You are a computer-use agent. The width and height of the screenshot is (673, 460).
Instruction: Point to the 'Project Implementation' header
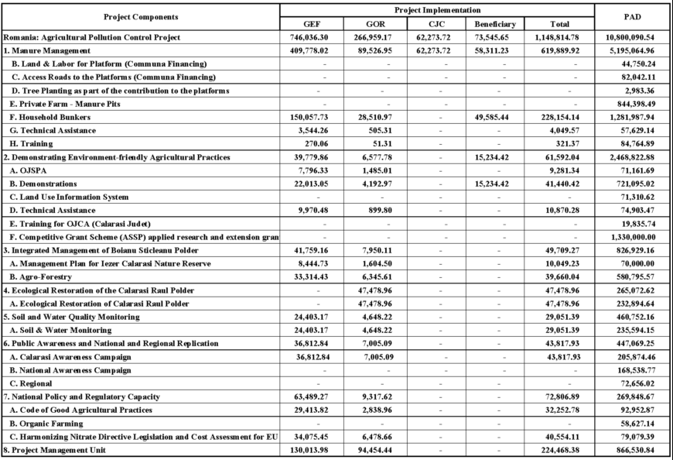tap(437, 10)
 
